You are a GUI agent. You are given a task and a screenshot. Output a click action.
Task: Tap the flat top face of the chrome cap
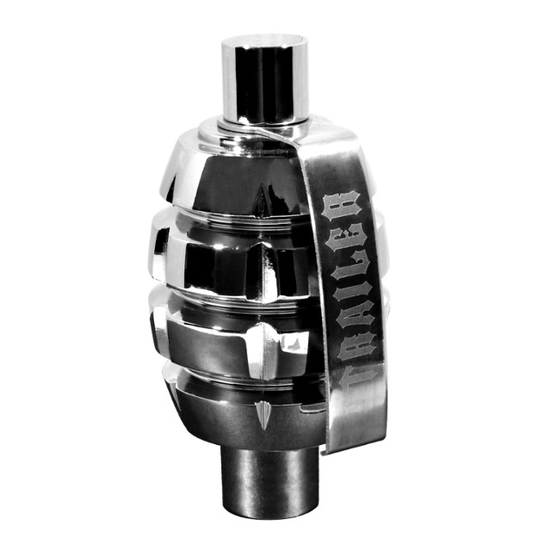click(x=264, y=40)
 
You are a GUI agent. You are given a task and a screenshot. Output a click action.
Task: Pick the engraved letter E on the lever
click(x=347, y=238)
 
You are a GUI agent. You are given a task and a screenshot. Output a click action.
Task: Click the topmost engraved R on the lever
click(x=343, y=206)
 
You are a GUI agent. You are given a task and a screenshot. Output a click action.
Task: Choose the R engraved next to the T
click(x=354, y=346)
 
